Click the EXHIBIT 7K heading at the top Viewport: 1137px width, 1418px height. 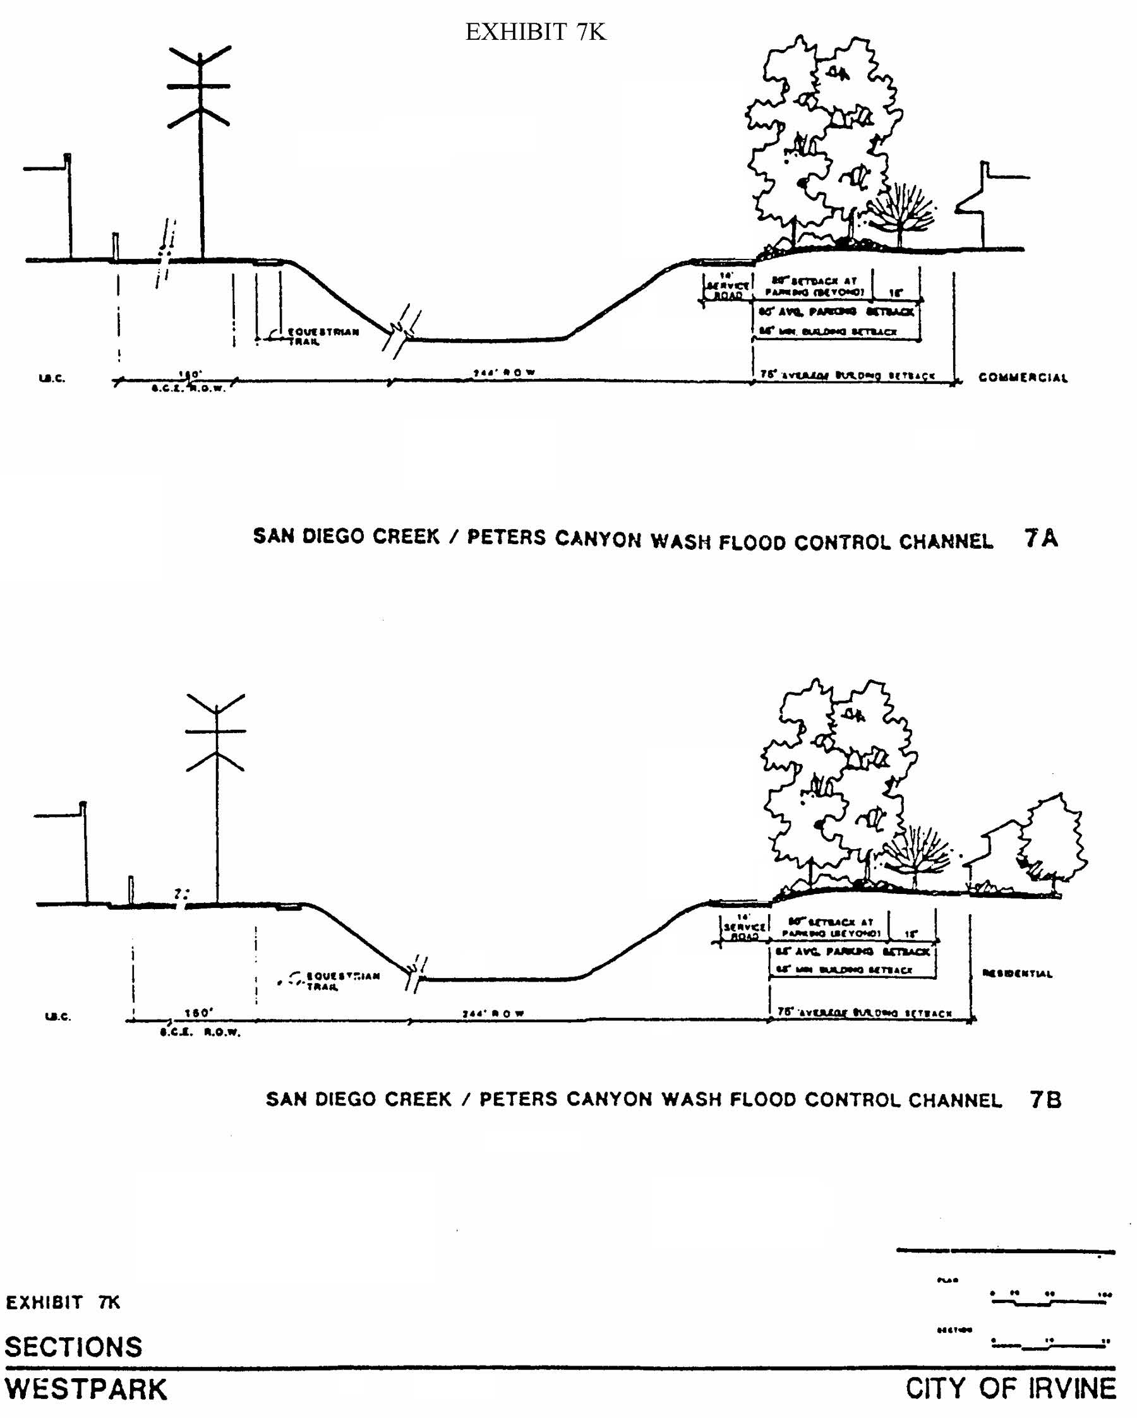[535, 32]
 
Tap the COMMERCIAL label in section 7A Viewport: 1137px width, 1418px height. [1023, 378]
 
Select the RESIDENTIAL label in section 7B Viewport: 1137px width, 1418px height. [1016, 974]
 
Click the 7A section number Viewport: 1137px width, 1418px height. [1041, 539]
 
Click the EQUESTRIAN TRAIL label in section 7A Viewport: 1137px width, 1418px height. [322, 336]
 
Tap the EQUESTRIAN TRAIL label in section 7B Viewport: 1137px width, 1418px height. [342, 980]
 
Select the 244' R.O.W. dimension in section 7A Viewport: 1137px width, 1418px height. [504, 373]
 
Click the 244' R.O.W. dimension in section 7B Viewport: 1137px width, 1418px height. [493, 1013]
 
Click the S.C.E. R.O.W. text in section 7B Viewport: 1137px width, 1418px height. [200, 1033]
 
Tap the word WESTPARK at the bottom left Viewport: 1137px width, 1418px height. [86, 1390]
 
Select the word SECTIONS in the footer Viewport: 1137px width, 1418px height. [74, 1347]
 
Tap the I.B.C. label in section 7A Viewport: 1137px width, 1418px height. [52, 378]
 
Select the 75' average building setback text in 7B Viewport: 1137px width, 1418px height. [865, 1013]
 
